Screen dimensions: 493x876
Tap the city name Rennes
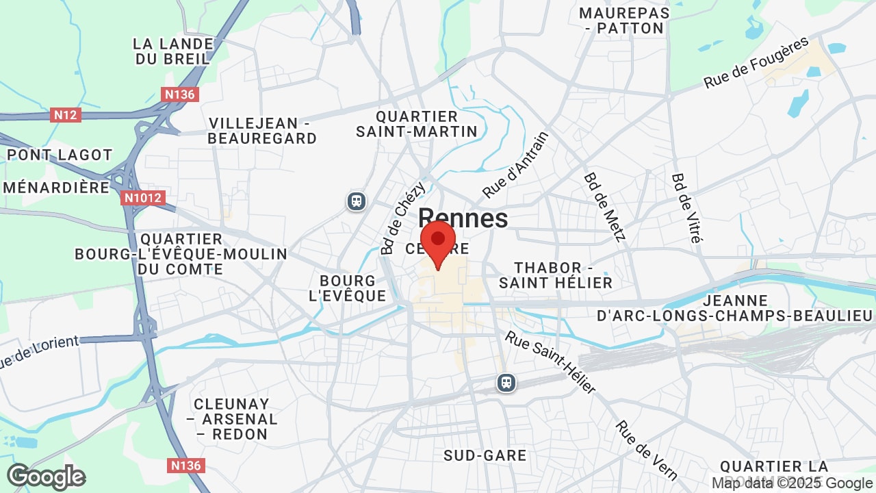coord(463,218)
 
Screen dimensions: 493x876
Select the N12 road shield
coord(66,115)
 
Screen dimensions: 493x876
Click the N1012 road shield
coord(142,199)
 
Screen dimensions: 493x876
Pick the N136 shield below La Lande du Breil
coord(180,94)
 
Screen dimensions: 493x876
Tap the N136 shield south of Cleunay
coord(185,466)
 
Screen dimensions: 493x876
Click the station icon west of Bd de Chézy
coord(356,201)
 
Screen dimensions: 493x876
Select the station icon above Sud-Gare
coord(506,382)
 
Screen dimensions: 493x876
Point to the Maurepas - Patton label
coord(624,21)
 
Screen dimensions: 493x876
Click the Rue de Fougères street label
coord(756,63)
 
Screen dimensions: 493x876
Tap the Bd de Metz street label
coord(605,207)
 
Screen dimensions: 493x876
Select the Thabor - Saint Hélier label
coord(555,275)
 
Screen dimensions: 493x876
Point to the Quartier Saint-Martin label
coord(416,124)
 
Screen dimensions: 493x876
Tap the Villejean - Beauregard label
coord(262,131)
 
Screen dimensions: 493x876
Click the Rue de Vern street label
coord(646,451)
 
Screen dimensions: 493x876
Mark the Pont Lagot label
coord(60,155)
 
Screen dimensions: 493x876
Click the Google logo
coord(46,477)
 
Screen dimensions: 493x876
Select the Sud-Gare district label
coord(485,455)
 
